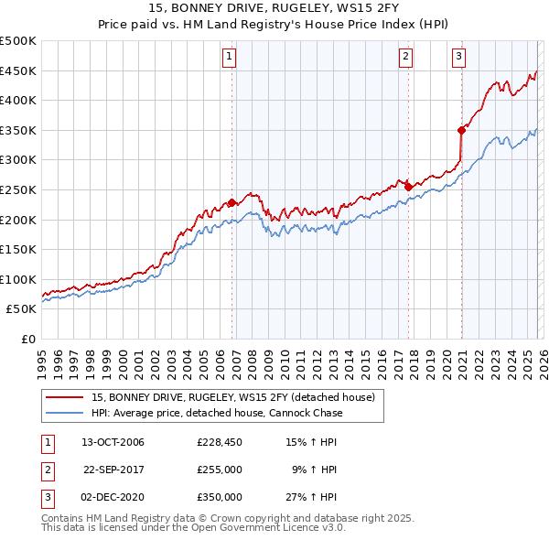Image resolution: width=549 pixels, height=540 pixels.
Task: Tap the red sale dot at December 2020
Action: (x=462, y=130)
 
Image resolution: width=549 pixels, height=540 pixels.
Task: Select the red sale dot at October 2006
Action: (x=232, y=202)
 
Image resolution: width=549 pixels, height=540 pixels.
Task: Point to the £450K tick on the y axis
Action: (x=20, y=70)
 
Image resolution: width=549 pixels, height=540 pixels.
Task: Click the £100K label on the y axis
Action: (x=20, y=279)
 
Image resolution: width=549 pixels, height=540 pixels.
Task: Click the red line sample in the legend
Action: (x=65, y=398)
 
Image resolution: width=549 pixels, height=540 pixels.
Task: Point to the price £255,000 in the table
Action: (x=220, y=470)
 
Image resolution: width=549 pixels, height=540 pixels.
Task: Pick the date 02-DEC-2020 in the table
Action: (x=113, y=497)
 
